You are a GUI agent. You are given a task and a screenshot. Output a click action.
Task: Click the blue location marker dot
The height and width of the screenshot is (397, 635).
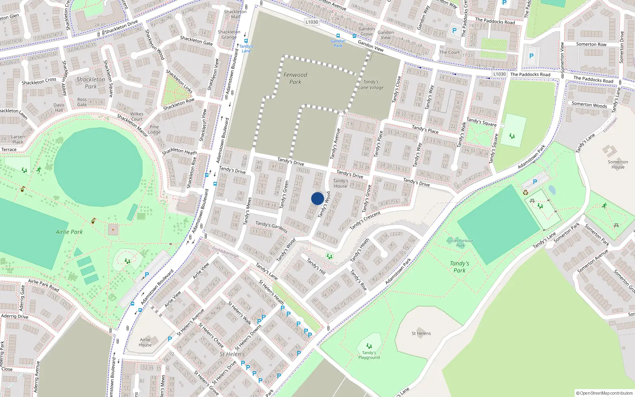coord(317,198)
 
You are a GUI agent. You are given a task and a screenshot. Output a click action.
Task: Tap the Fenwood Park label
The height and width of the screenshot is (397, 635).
coord(295,78)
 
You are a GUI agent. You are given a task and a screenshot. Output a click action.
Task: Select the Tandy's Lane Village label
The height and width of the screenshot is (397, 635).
coord(371,85)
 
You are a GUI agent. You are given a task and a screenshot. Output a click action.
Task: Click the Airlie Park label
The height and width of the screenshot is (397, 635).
coord(69,232)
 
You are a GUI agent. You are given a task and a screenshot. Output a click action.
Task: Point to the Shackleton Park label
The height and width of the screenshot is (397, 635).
coord(91,83)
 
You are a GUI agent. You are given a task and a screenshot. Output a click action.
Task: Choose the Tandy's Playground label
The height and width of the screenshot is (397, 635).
coord(369,355)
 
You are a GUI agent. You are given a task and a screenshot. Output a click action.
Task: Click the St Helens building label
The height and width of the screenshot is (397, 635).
coord(421,333)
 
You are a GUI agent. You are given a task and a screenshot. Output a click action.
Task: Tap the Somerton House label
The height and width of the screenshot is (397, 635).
coord(618,164)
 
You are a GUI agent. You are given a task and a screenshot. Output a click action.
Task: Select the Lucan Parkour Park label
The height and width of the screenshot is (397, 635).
coord(460,243)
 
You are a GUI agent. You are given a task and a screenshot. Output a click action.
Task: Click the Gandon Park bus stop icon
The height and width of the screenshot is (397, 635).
coord(338,36)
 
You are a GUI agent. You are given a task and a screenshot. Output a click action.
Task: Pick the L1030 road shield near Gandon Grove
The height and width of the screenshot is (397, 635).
coord(312,22)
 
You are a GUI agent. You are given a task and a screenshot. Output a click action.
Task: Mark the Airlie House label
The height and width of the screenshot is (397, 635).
coord(145,342)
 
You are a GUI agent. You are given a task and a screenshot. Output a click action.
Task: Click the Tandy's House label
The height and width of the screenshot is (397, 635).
coord(341,183)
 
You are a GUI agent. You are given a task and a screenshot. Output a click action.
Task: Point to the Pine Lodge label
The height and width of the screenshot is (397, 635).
coord(154,129)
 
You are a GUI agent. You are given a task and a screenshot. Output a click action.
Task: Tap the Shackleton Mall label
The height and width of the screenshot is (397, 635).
coord(235,14)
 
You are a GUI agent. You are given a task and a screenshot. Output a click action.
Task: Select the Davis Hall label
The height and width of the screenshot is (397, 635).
coord(59,108)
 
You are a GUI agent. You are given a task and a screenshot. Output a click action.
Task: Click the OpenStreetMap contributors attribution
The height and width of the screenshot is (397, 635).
coord(604,393)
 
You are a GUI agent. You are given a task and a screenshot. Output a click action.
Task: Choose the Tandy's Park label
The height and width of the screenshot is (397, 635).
coord(460,267)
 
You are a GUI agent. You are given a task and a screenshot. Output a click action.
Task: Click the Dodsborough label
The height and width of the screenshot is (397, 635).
coord(225,252)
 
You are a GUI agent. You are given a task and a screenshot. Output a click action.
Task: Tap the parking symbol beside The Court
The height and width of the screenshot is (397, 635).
coord(454,30)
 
